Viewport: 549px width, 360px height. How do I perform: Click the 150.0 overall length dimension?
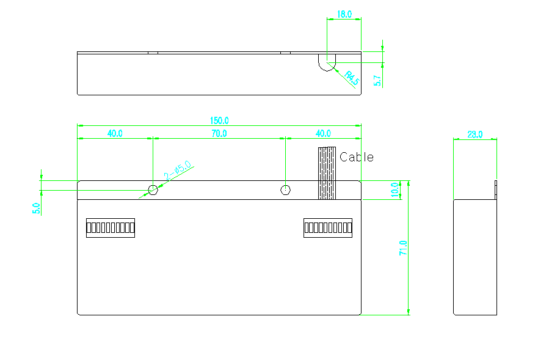pyautogui.click(x=219, y=120)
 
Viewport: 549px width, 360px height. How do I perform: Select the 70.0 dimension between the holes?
pyautogui.click(x=219, y=134)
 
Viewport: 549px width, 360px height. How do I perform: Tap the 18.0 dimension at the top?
pyautogui.click(x=344, y=14)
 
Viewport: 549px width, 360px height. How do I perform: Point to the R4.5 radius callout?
pyautogui.click(x=352, y=78)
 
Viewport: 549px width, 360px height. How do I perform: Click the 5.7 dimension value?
pyautogui.click(x=377, y=81)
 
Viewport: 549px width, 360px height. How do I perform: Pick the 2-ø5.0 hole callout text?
pyautogui.click(x=178, y=170)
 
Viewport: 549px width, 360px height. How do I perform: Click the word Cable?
pyautogui.click(x=357, y=157)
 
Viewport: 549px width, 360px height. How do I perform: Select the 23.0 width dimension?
pyautogui.click(x=474, y=134)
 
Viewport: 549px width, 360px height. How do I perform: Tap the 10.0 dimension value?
pyautogui.click(x=394, y=189)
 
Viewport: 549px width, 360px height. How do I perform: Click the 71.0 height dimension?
pyautogui.click(x=403, y=248)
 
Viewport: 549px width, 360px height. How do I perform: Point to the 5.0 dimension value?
pyautogui.click(x=37, y=208)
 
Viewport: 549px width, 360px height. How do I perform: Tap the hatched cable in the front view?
pyautogui.click(x=327, y=173)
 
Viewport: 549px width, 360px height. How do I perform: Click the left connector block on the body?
pyautogui.click(x=111, y=228)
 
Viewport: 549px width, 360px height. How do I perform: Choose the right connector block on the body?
pyautogui.click(x=328, y=228)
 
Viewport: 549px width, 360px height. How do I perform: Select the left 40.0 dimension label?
pyautogui.click(x=115, y=134)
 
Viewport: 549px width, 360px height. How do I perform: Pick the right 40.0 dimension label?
pyautogui.click(x=323, y=134)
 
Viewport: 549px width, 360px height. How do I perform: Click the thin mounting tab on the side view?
pyautogui.click(x=496, y=190)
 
